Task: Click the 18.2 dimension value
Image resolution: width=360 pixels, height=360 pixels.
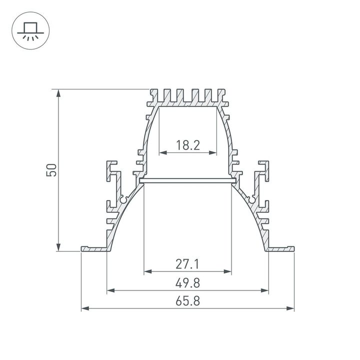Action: click(187, 145)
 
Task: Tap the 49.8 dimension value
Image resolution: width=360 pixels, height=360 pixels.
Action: click(187, 283)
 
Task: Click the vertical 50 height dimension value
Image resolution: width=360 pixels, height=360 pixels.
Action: click(51, 170)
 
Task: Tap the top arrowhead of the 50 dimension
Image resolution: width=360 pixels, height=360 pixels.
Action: click(59, 93)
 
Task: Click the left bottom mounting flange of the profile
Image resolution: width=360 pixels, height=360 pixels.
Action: click(93, 248)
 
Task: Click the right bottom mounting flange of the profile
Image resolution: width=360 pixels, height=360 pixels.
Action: click(281, 248)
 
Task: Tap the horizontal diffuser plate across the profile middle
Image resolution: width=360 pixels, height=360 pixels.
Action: click(187, 180)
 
